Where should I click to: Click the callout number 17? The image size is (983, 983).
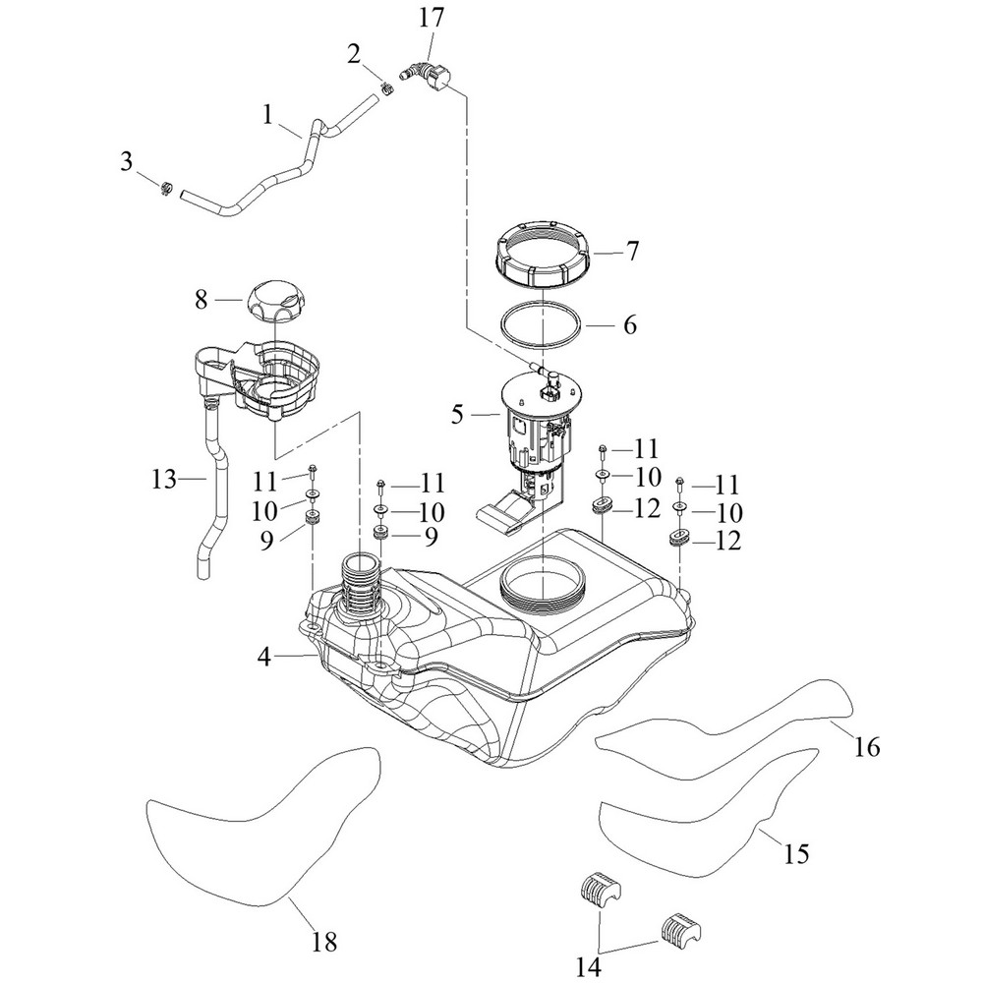pos(431,17)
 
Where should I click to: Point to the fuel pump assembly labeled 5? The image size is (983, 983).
pos(536,433)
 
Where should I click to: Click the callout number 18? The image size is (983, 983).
pos(323,942)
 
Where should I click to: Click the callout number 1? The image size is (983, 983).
pos(267,114)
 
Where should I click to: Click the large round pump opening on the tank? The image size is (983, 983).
pos(543,584)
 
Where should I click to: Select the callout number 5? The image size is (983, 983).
pos(457,415)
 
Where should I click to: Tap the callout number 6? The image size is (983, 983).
pos(629,323)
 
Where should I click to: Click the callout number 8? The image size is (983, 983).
pos(201,300)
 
